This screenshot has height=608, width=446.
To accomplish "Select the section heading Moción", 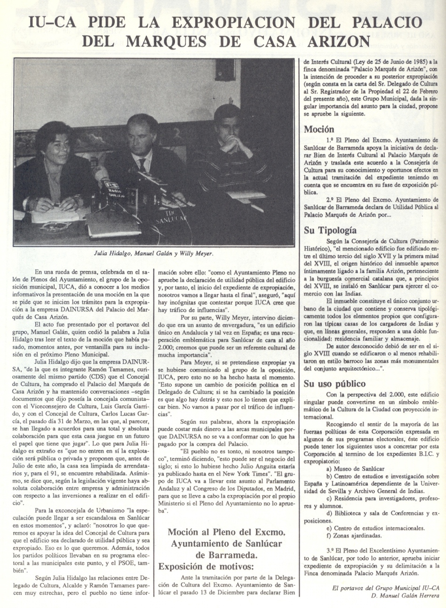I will tap(319, 129).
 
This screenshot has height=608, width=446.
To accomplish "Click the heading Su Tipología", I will tap(330, 230).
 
